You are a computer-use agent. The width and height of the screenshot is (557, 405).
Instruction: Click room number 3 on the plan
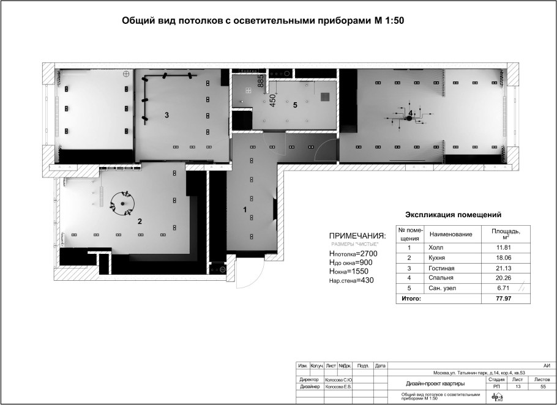[166, 115]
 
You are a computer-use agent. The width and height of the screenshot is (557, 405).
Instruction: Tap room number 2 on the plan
[140, 221]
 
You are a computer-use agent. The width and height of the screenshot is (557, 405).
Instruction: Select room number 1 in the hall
[245, 210]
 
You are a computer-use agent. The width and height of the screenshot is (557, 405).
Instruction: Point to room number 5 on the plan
[295, 105]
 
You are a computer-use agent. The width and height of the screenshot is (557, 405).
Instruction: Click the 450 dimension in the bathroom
[274, 100]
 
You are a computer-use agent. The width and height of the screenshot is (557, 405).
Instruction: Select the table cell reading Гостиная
[441, 268]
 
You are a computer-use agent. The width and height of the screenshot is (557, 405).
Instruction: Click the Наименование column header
[452, 234]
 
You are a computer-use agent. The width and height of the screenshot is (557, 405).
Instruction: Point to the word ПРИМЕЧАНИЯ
[357, 236]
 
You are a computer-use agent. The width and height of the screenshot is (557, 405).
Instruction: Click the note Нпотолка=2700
[355, 253]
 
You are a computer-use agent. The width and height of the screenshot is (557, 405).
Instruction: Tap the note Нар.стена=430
[351, 280]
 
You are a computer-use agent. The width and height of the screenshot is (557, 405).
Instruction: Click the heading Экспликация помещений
[454, 215]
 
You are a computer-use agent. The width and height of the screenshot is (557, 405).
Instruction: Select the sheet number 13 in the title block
[518, 387]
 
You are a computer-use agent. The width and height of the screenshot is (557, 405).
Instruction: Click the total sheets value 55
[542, 387]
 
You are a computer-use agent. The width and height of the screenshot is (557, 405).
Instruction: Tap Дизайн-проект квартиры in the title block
[435, 384]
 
